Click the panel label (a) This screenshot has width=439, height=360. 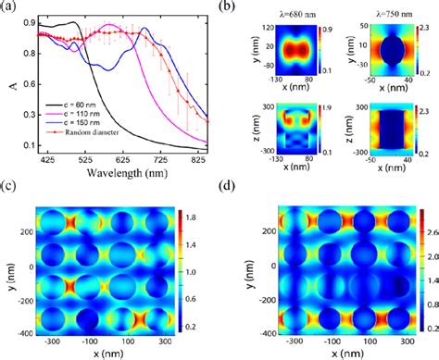pos(7,7)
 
